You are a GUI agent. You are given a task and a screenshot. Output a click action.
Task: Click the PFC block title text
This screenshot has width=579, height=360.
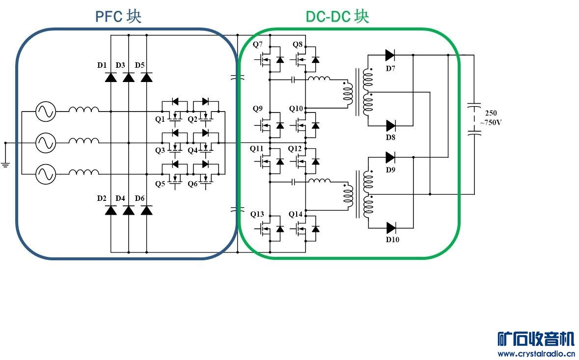click(118, 16)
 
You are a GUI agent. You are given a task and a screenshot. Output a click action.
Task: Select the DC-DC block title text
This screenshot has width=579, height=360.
click(337, 16)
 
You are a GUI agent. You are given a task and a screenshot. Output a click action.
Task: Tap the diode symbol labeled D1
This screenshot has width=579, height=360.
click(111, 77)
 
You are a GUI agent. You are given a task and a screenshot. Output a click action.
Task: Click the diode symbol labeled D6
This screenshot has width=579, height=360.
click(146, 210)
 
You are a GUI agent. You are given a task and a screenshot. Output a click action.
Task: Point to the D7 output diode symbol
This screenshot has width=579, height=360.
click(390, 55)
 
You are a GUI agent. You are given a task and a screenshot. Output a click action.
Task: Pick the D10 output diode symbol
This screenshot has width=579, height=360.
click(391, 227)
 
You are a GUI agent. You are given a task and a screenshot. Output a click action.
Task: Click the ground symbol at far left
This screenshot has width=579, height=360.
click(6, 163)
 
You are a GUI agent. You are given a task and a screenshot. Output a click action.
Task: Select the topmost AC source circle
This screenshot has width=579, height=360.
click(45, 111)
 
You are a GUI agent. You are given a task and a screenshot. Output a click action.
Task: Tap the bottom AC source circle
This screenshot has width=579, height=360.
click(45, 174)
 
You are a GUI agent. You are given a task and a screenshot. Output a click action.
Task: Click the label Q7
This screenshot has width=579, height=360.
click(258, 45)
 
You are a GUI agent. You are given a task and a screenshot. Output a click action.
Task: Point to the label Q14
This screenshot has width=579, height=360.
click(296, 214)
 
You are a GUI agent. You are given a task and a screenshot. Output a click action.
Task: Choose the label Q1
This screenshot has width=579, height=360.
click(160, 119)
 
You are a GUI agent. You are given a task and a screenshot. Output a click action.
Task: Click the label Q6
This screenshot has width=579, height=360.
click(193, 184)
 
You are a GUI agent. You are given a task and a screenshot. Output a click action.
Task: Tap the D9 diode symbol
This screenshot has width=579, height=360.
click(390, 157)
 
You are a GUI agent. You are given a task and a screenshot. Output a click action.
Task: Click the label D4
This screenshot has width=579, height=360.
click(120, 198)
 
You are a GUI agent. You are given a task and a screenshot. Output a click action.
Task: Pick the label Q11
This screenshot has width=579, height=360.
click(257, 148)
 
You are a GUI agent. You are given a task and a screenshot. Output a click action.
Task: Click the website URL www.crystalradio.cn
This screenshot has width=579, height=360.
click(536, 354)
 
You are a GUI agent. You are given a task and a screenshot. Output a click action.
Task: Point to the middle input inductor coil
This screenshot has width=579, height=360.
click(83, 142)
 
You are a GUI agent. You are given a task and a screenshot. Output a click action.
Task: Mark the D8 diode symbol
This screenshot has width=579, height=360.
click(390, 125)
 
